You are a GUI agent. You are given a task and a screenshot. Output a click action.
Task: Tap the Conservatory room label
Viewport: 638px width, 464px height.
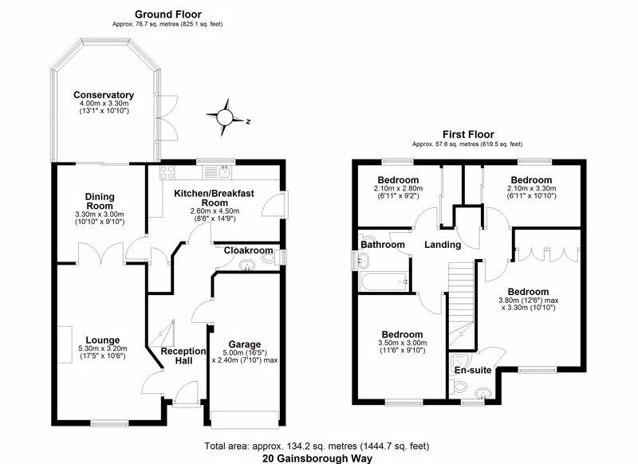pos(104,96)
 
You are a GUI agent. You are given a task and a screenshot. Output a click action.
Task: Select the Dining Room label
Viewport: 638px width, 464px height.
pos(100,202)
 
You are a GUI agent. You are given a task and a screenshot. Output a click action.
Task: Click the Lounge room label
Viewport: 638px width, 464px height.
pos(102,339)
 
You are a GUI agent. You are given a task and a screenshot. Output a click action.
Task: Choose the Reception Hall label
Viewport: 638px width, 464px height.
pos(183,356)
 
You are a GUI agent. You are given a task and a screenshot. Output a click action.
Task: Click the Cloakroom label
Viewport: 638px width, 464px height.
pos(248,250)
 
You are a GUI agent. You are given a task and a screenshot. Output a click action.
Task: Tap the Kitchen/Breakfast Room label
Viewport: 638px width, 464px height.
pos(214,198)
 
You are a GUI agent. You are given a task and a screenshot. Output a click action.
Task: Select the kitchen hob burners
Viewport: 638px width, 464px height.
pos(168,171)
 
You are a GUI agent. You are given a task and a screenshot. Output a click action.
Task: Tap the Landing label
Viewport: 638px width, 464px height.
pos(442,244)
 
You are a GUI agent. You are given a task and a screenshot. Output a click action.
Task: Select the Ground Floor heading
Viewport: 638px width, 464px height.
pos(167,14)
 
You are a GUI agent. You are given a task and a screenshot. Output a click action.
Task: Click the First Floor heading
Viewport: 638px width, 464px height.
pos(468,134)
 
